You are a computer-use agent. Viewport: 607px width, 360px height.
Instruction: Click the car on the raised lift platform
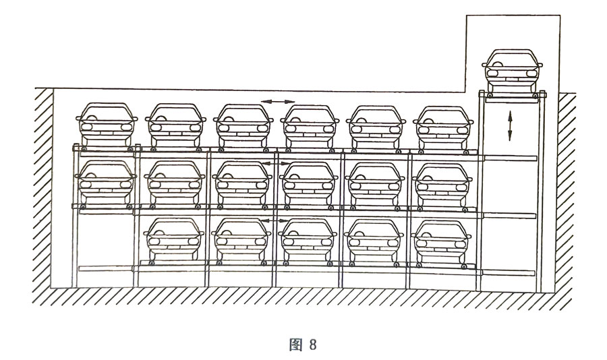pos(512,71)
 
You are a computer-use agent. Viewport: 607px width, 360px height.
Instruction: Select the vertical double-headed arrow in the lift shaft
pos(510,125)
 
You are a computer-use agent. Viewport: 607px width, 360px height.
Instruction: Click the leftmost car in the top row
pos(105,125)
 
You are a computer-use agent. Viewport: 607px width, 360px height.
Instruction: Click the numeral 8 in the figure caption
pos(313,344)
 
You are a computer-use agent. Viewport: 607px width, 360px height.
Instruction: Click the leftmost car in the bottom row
pos(175,241)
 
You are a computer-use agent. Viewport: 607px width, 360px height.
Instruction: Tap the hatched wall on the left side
pos(43,189)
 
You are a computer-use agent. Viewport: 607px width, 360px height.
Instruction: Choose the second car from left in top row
pos(175,125)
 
